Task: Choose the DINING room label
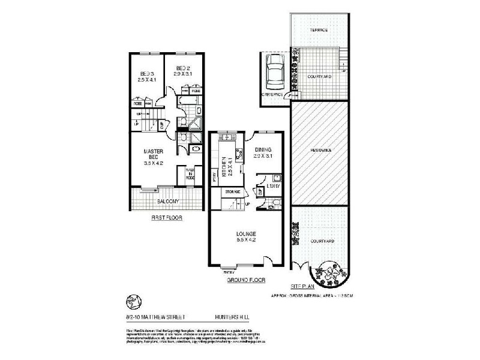coord(263,150)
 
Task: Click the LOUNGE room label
coord(247,233)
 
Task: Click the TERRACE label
coord(318,30)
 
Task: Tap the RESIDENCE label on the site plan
coord(321,149)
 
